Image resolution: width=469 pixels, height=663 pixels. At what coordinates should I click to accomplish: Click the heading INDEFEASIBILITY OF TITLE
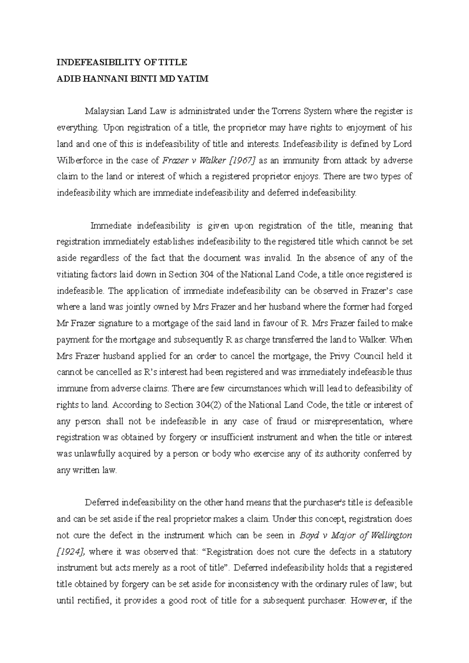[x=122, y=62]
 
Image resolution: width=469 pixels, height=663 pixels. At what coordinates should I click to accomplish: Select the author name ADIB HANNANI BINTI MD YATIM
[x=132, y=79]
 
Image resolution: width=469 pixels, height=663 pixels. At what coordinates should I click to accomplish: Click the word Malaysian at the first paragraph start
[x=104, y=111]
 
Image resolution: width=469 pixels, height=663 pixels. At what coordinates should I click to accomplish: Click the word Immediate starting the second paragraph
[x=109, y=226]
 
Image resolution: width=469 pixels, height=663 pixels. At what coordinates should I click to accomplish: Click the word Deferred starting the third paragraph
[x=102, y=503]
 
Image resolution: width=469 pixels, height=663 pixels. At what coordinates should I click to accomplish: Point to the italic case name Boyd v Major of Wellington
[x=355, y=535]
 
